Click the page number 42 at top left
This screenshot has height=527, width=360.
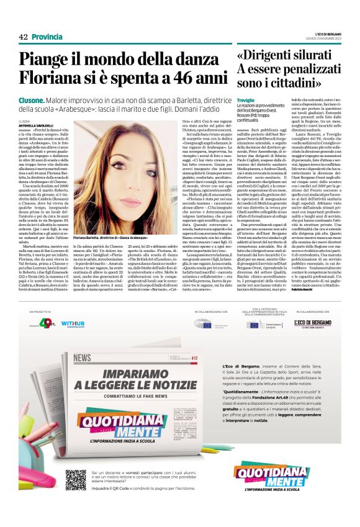pos(24,37)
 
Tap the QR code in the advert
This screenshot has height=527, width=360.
pos(76,481)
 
